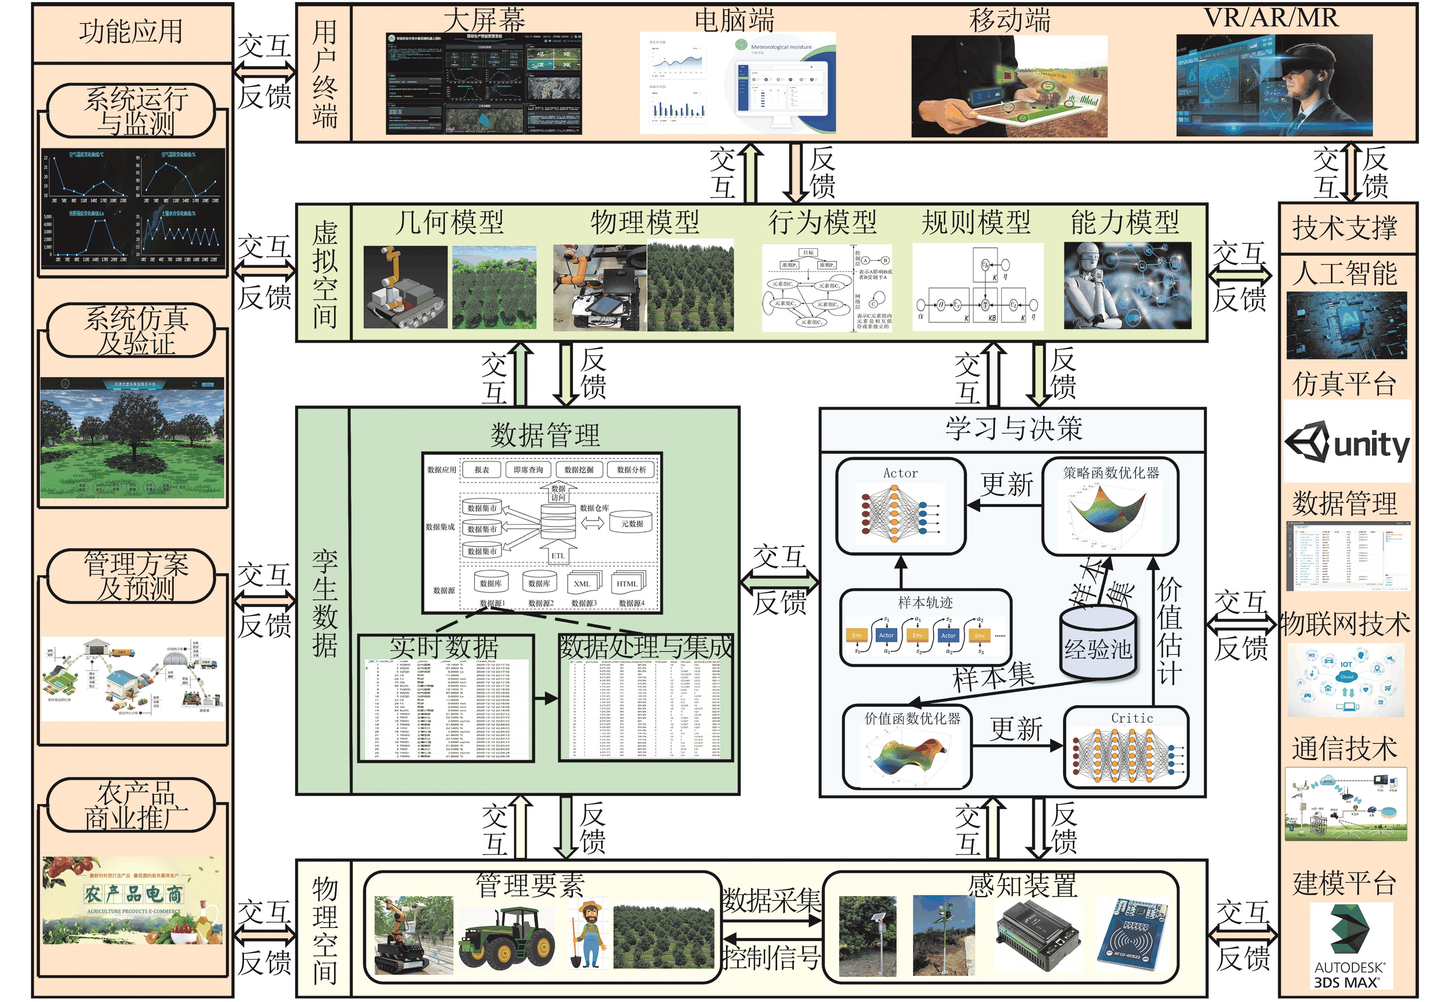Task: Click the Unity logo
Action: coord(1347,443)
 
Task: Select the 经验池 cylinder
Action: coord(1098,644)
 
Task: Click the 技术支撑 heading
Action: coord(1345,227)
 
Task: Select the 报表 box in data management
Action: coord(481,470)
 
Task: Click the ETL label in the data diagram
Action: coord(557,556)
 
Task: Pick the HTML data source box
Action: coord(626,583)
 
